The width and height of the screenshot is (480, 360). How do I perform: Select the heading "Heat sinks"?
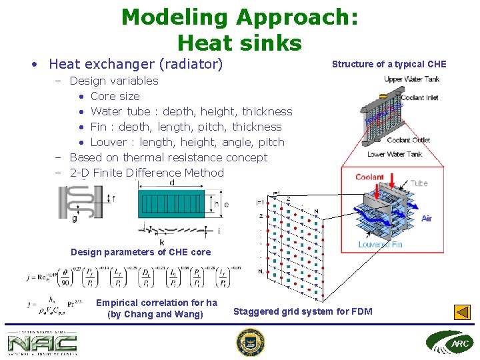point(239,43)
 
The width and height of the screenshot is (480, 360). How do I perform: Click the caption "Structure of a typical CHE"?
point(389,64)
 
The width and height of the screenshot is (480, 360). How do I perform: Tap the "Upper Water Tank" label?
point(411,79)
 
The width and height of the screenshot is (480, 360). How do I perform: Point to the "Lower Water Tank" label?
point(395,155)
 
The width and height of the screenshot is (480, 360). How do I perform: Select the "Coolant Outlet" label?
point(409,140)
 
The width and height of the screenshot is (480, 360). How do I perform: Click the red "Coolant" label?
point(369,177)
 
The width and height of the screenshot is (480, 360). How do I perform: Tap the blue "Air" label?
point(427,218)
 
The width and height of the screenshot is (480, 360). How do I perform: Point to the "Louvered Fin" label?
point(380,245)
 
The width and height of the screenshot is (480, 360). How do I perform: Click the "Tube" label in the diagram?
point(419,183)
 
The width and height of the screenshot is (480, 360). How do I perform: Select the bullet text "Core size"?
point(115,96)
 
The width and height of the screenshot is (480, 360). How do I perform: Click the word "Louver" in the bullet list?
point(111,142)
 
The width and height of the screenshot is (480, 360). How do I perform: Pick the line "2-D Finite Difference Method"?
point(147,173)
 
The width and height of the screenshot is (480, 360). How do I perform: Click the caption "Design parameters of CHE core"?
point(141,252)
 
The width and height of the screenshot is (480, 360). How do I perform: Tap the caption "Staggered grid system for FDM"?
point(303,311)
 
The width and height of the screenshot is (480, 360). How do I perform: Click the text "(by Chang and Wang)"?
point(155,314)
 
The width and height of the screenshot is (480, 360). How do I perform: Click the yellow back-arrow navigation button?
point(462,312)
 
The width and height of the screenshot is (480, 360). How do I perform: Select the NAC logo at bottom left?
point(42,343)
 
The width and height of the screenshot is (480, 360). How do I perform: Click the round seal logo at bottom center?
point(251,343)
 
